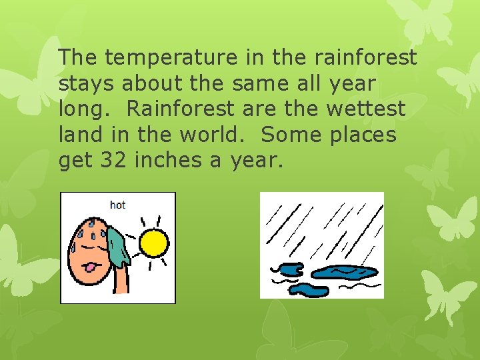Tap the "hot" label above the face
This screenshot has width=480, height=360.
(x=117, y=205)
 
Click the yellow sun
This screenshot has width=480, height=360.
(x=153, y=243)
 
